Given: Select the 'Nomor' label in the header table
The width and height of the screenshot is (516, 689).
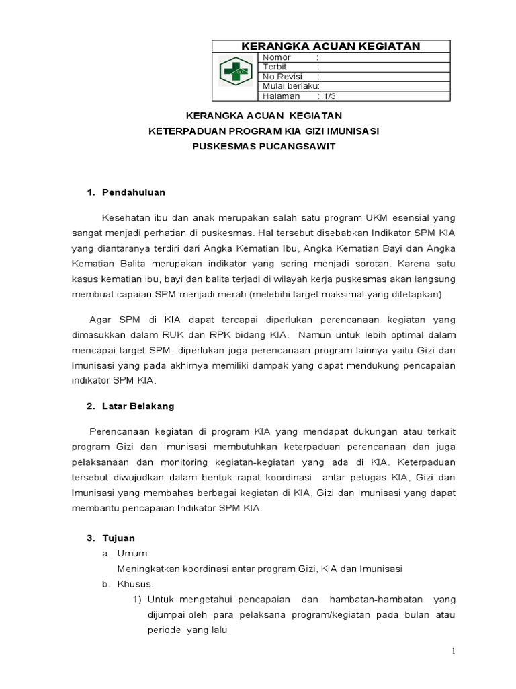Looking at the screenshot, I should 277,58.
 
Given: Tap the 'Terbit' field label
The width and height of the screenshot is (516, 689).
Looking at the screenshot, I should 275,67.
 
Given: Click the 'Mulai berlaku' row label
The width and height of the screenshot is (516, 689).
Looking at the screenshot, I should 290,86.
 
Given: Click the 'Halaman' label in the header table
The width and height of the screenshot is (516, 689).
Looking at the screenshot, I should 281,96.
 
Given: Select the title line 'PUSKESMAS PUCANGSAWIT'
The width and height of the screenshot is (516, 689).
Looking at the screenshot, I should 263,147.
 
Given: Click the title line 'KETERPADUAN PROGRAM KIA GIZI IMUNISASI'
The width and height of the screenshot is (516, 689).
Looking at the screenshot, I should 263,131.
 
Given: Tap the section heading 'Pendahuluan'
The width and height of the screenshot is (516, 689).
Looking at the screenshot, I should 133,192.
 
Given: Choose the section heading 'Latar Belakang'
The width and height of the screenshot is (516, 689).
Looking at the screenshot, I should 138,406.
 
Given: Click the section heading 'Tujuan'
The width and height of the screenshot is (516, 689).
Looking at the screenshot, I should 118,538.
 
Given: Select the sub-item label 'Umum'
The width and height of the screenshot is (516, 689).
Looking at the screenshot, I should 132,554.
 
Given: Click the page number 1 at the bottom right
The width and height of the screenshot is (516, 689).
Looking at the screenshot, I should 453,651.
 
